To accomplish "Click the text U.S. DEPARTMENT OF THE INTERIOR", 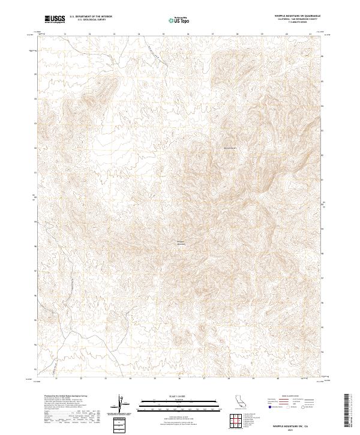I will coord(91,17).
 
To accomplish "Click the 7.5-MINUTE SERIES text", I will coord(296,23).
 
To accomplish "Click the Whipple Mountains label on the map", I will coord(179,243).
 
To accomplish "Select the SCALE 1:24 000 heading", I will coord(179,396).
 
